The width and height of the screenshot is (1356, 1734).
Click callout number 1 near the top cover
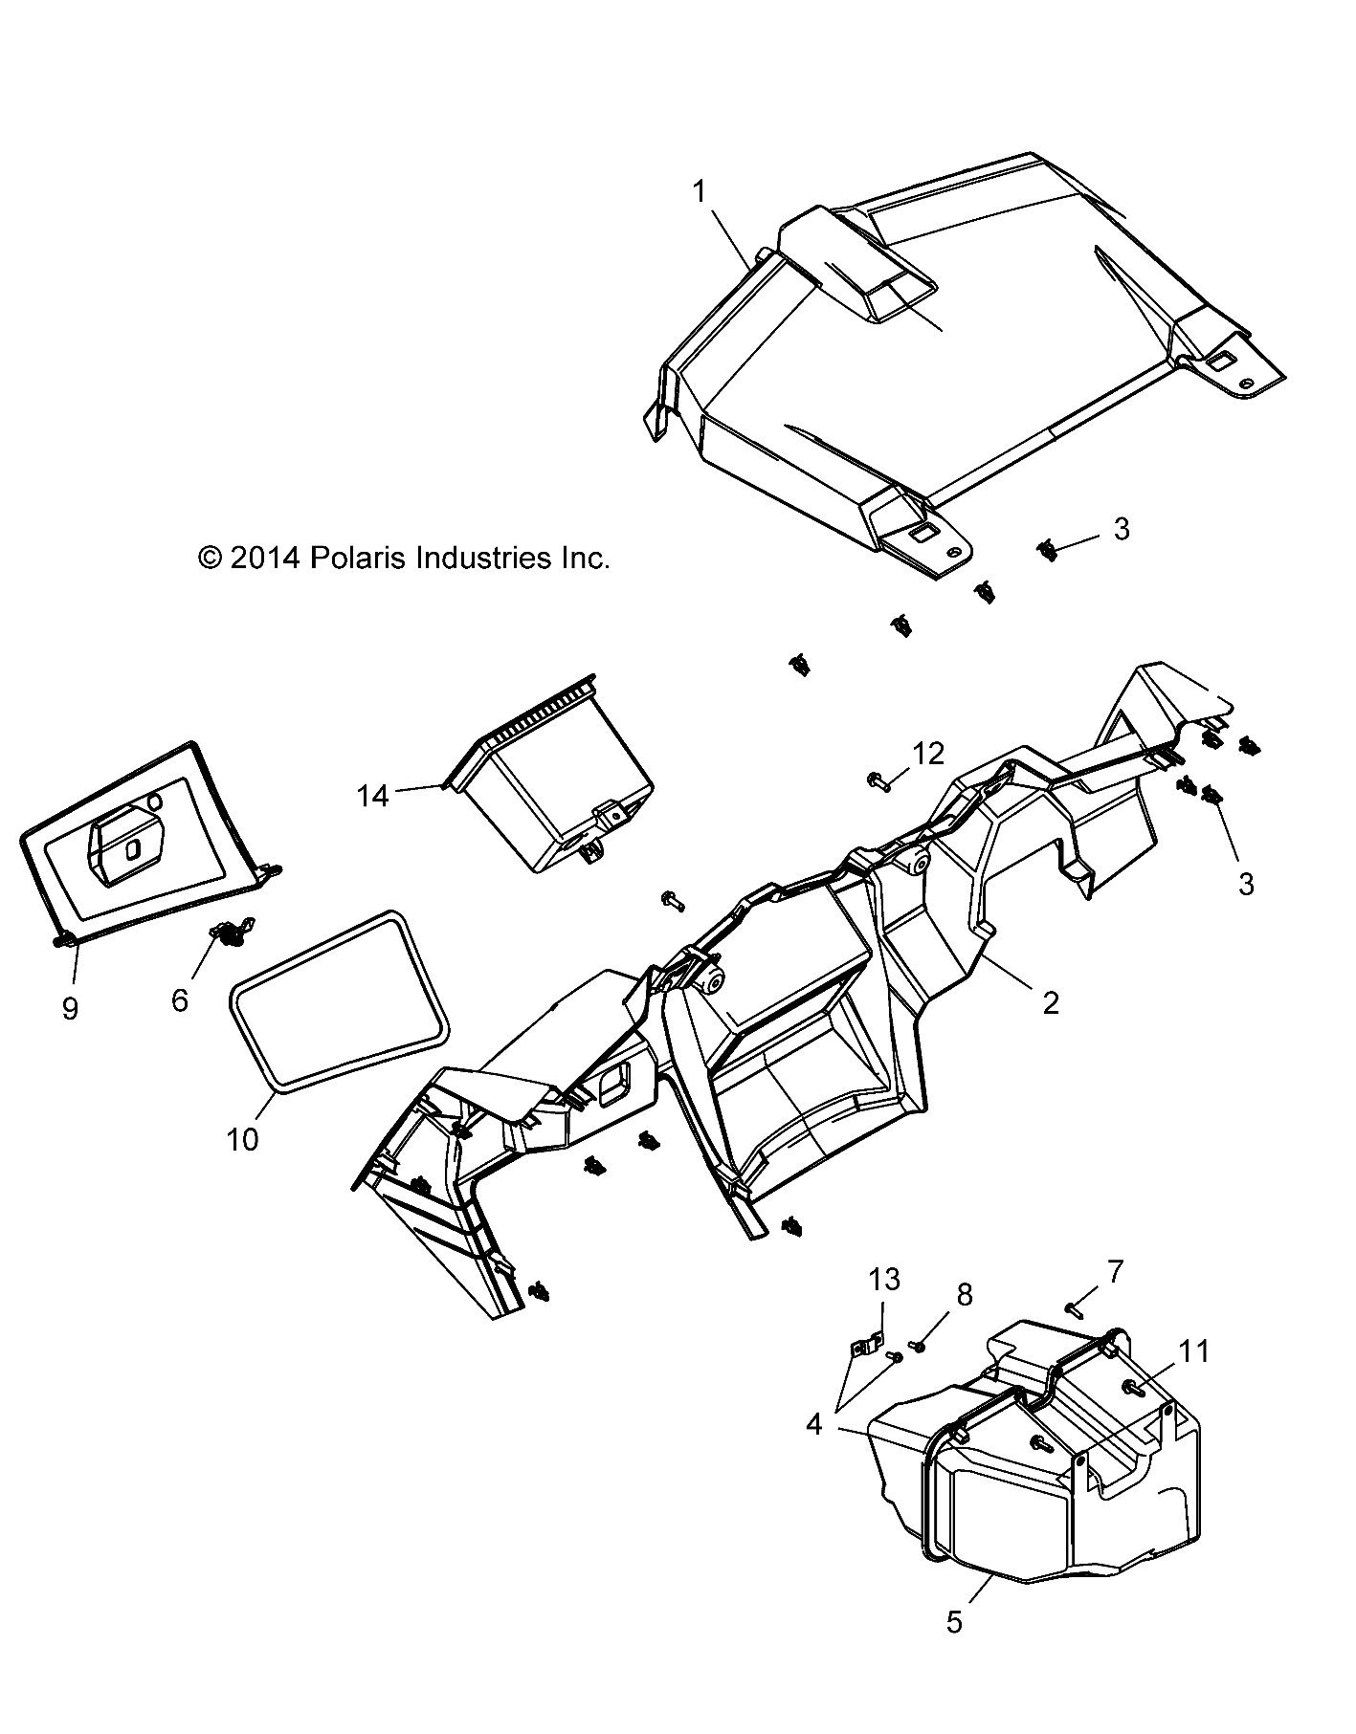(x=700, y=192)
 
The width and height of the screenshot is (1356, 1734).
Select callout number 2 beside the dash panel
(x=1050, y=1002)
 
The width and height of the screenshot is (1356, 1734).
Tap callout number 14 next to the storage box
(x=373, y=795)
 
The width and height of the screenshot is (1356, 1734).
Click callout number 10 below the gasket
(x=242, y=1139)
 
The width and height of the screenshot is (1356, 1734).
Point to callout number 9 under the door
(x=70, y=1009)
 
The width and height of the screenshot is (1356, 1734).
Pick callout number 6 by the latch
(x=180, y=1000)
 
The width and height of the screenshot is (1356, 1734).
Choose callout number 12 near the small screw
(x=929, y=754)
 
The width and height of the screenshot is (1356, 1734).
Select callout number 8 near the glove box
(x=964, y=1295)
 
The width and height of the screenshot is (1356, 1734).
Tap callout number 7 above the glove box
(x=1116, y=1272)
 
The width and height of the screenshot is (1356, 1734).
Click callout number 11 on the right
(x=1193, y=1351)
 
